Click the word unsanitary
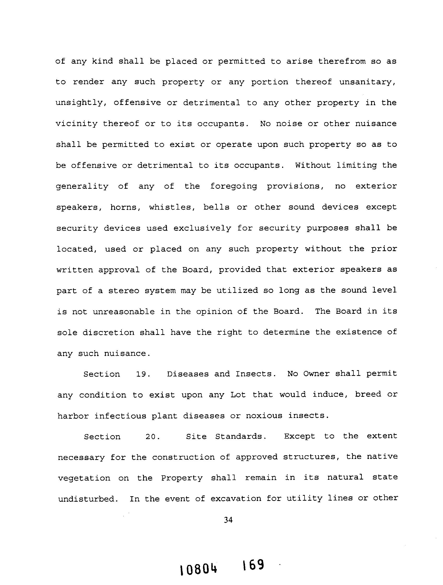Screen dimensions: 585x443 [x=367, y=82]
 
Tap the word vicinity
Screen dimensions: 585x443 [x=77, y=124]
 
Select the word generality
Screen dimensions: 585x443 [x=82, y=186]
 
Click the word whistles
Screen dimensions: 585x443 [x=170, y=207]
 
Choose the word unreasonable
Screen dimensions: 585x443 [x=124, y=311]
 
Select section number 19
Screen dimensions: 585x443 [x=143, y=374]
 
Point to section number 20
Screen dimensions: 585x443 [x=153, y=437]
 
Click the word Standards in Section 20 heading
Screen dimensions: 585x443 [x=240, y=437]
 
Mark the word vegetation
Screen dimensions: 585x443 [x=84, y=478]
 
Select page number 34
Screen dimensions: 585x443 [x=228, y=520]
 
